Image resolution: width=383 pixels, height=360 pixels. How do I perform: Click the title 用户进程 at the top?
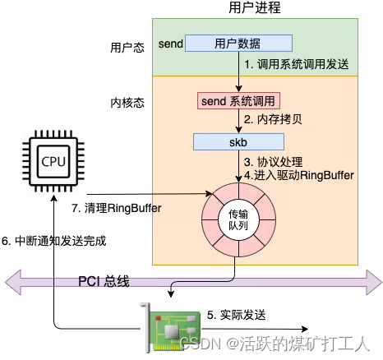[x=255, y=8]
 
